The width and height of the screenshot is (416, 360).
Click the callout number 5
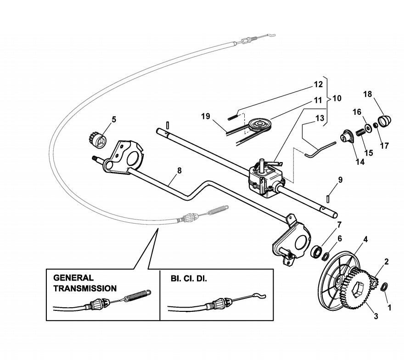tap(114, 119)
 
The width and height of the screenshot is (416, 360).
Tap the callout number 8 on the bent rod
tap(180, 170)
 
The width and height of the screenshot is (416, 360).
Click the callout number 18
tap(368, 94)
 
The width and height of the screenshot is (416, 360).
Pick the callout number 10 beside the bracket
tap(337, 98)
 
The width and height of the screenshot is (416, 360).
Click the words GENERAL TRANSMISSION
tap(85, 283)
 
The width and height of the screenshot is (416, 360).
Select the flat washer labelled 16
tap(368, 126)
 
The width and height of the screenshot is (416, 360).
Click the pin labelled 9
tap(330, 196)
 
